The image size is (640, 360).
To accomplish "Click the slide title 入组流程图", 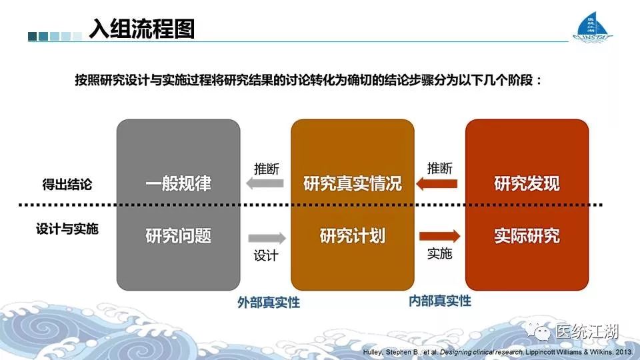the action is [142, 29].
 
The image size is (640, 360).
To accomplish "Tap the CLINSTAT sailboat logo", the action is [593, 26].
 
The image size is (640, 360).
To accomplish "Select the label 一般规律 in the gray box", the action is [179, 184].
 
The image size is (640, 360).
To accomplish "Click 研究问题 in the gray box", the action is [179, 236].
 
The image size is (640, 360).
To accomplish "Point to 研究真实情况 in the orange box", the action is [353, 184].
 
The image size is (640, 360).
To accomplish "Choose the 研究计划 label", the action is [353, 236].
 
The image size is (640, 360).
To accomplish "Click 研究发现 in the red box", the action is [527, 184].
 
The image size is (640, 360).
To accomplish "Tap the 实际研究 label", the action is [527, 236].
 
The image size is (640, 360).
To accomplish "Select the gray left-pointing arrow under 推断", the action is [265, 183].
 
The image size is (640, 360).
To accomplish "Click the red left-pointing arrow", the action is [437, 184].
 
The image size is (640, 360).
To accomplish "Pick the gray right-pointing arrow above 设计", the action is [267, 238].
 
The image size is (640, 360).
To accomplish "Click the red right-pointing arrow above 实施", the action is [439, 236].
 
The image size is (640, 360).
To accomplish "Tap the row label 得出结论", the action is [67, 185].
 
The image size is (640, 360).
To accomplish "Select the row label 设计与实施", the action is [67, 229].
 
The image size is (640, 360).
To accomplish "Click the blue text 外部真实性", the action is [269, 303].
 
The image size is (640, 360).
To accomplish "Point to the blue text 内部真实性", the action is [440, 301].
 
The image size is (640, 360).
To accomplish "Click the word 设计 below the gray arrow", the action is [266, 255].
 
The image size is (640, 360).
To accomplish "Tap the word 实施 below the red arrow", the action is [439, 253].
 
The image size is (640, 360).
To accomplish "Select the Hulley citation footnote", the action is [497, 352].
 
